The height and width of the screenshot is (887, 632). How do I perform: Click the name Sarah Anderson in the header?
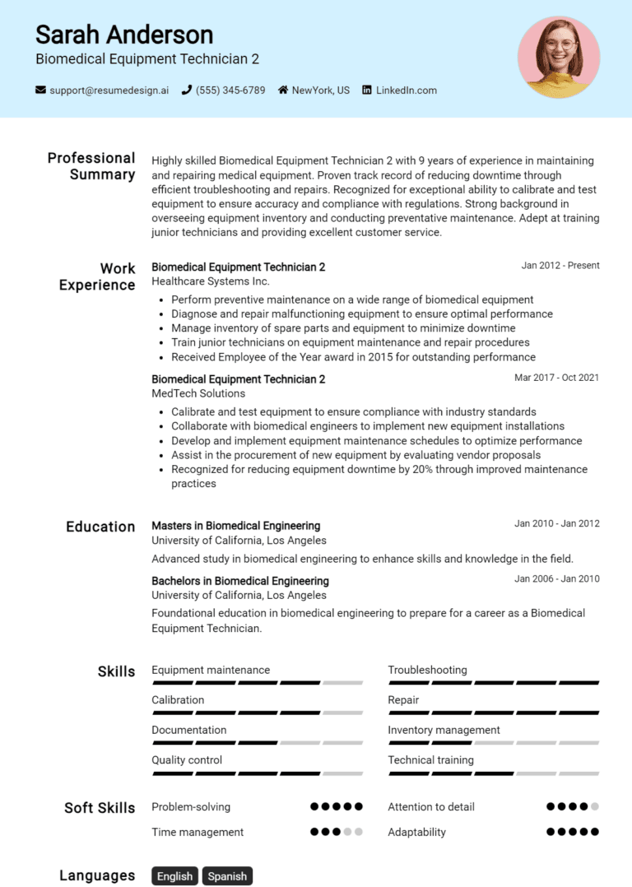click(x=124, y=35)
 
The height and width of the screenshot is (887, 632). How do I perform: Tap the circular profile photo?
click(x=559, y=58)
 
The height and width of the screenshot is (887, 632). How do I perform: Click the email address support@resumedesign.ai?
click(x=109, y=91)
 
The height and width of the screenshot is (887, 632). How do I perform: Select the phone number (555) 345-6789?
click(x=230, y=91)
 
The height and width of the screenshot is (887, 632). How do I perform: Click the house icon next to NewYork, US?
click(x=283, y=91)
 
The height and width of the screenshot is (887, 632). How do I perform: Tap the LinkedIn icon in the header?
click(x=367, y=91)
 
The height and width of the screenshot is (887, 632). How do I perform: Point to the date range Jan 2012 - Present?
click(x=560, y=266)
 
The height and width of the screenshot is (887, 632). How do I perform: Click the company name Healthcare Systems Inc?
click(x=210, y=281)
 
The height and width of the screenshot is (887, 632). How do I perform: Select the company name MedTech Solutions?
click(x=198, y=393)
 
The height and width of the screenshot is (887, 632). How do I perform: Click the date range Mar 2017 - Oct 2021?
click(x=556, y=378)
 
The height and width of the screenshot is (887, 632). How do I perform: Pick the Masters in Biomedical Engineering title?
click(x=235, y=526)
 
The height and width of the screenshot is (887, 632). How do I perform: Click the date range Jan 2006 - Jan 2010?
click(x=556, y=579)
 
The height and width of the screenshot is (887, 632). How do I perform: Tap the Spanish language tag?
click(x=227, y=876)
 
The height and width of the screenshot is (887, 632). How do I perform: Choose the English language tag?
click(x=174, y=876)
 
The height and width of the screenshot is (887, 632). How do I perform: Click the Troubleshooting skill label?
click(x=427, y=670)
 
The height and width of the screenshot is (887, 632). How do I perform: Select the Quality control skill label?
click(x=187, y=760)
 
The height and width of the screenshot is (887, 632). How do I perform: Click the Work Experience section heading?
click(x=97, y=276)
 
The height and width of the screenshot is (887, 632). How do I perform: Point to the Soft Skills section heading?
click(x=100, y=808)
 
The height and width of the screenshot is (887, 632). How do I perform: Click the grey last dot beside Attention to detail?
click(x=595, y=807)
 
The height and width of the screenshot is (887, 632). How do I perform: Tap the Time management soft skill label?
click(x=197, y=832)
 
